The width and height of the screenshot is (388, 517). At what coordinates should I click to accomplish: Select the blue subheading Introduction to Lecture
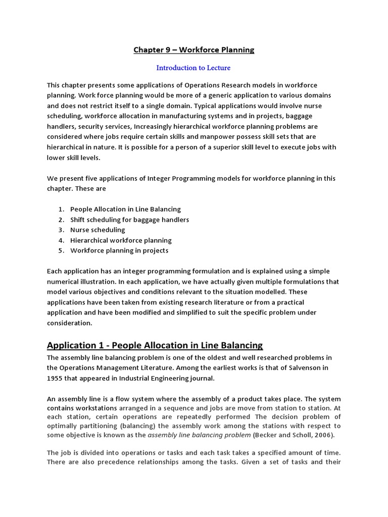(x=193, y=67)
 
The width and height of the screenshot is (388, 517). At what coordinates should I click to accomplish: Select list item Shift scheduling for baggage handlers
(x=129, y=220)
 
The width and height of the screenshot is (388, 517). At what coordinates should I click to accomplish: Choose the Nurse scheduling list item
(x=98, y=230)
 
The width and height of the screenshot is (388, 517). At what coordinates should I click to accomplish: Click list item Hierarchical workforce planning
(x=121, y=240)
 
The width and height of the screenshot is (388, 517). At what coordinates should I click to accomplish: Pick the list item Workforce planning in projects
(x=119, y=250)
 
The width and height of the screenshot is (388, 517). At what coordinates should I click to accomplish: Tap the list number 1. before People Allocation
(x=61, y=209)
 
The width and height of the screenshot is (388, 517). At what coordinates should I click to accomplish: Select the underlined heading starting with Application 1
(x=155, y=345)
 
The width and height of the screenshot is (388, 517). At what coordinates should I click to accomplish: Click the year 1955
(x=56, y=378)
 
